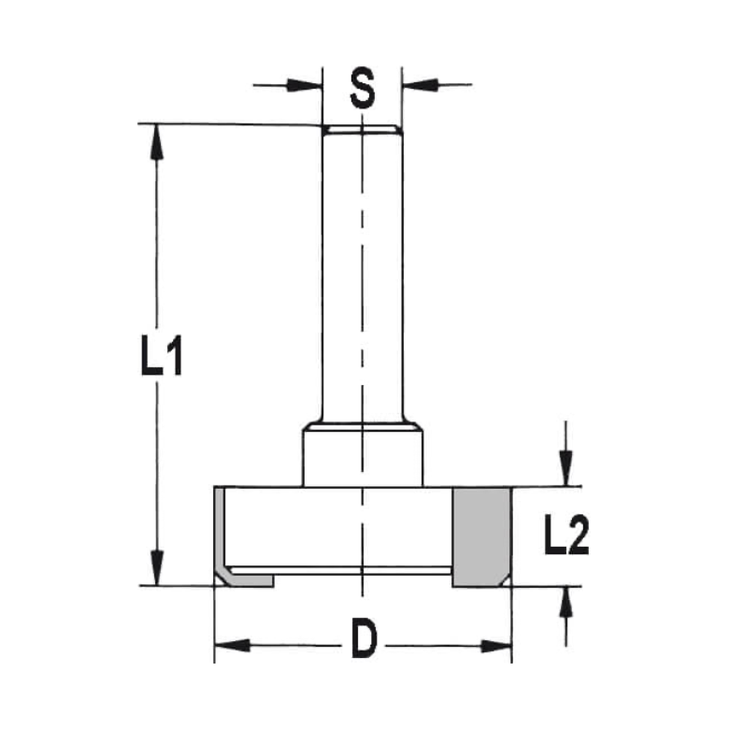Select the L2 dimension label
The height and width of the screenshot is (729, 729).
tap(566, 537)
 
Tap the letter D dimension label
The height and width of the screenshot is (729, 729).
tap(362, 642)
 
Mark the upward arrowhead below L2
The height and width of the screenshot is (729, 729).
tap(564, 604)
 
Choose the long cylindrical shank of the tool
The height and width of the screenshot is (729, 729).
tap(362, 277)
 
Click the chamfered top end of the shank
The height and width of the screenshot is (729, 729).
tap(362, 130)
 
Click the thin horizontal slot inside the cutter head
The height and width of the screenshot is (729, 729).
tap(343, 569)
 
